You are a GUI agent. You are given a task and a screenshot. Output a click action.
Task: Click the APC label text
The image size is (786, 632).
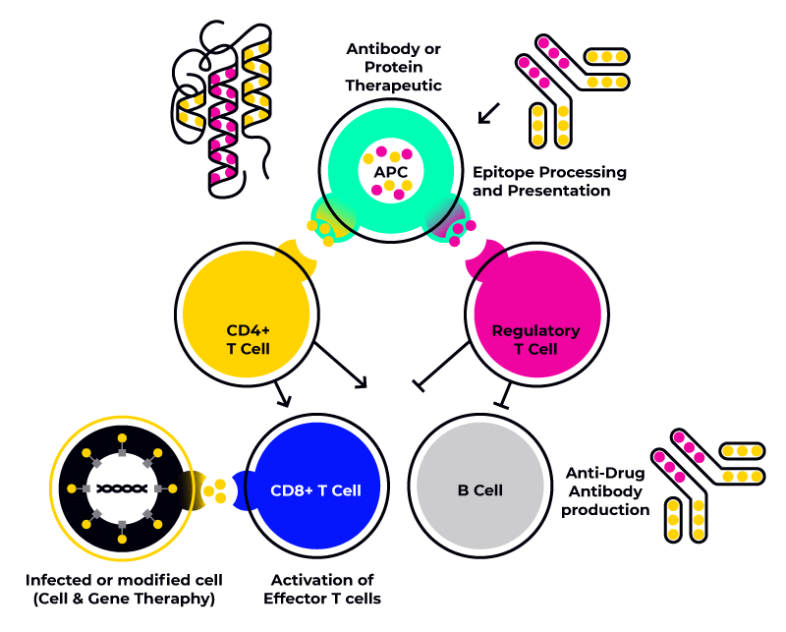[x=390, y=172]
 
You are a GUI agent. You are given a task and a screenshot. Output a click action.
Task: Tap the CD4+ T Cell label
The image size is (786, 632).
[x=248, y=339]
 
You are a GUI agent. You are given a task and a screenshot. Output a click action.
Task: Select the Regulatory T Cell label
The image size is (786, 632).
[x=535, y=339]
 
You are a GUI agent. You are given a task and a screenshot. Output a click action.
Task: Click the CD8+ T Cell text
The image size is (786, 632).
[x=315, y=490]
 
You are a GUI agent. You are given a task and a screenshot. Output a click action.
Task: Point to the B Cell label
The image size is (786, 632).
[x=480, y=490]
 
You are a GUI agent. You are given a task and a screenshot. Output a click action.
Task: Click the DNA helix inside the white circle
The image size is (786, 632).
[x=122, y=488]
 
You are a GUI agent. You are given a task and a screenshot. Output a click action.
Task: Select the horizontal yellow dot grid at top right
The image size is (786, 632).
[x=606, y=69]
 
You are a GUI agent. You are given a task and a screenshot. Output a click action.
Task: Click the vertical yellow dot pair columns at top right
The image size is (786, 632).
[x=550, y=126]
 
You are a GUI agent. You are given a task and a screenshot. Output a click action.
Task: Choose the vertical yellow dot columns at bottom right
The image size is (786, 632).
[x=686, y=520]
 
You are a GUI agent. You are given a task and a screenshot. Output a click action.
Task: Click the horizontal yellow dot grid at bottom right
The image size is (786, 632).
[x=742, y=464]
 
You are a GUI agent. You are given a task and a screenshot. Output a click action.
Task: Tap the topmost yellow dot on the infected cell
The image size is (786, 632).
[x=122, y=437]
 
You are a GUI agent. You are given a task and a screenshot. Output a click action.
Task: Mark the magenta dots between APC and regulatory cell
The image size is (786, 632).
[x=461, y=232]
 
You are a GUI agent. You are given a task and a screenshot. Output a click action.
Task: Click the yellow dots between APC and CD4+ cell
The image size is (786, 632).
[x=321, y=232]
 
